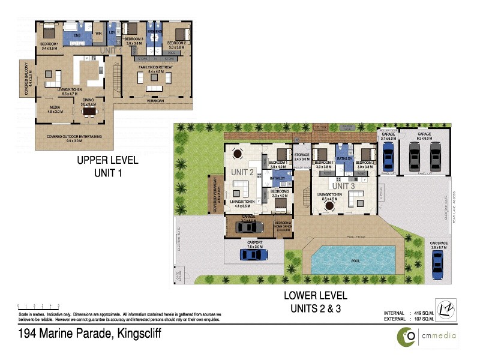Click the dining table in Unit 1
pyautogui.click(x=91, y=110)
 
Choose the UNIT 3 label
pyautogui.click(x=344, y=187)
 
